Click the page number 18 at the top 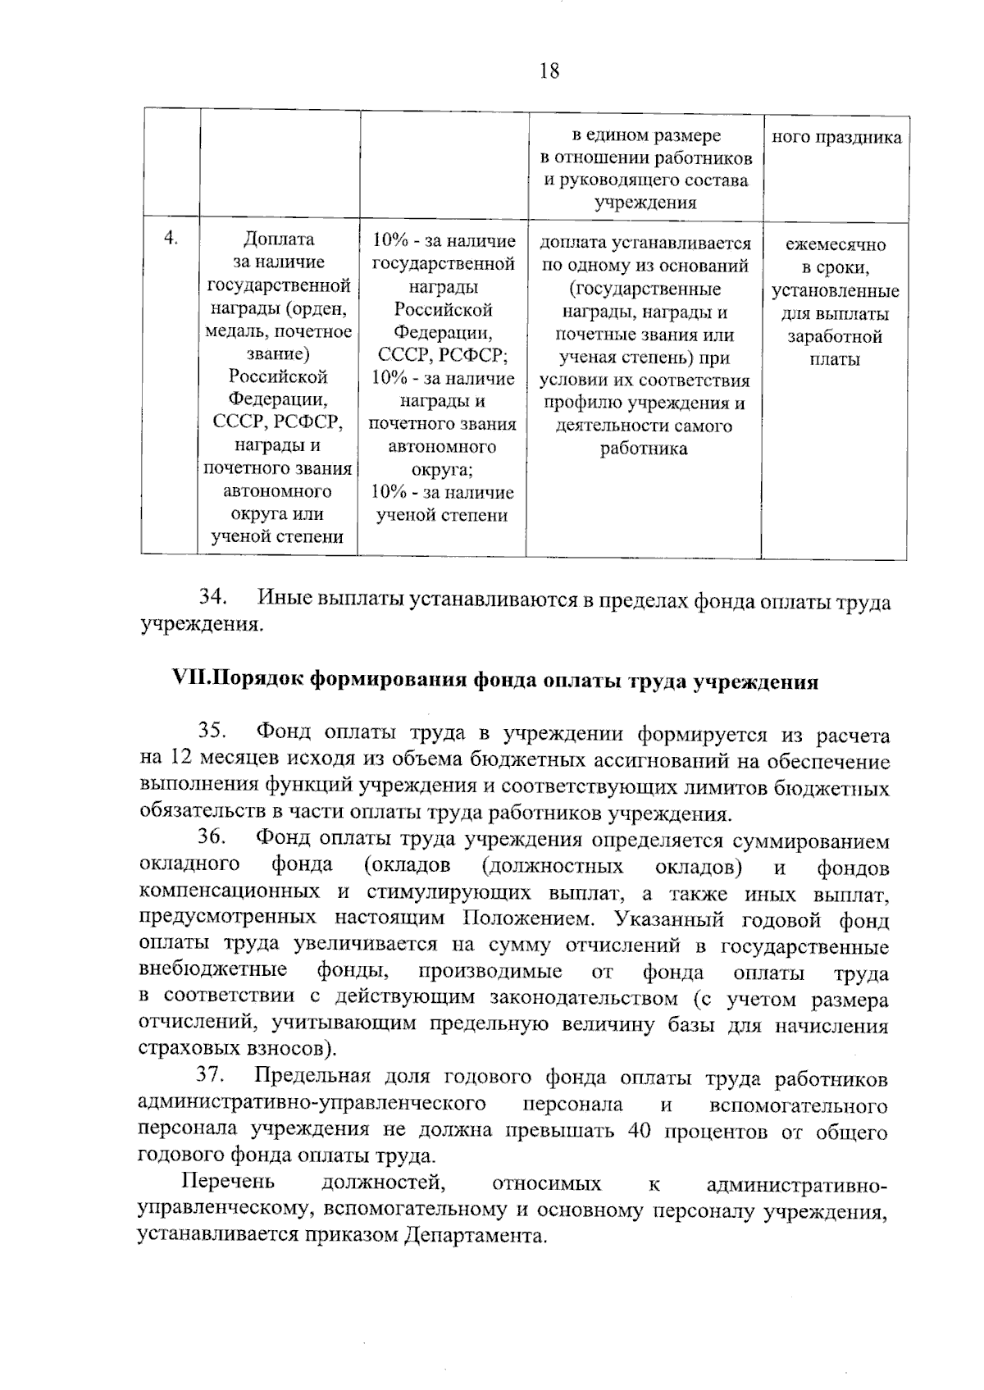[x=549, y=71]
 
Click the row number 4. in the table [x=171, y=239]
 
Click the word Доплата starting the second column [x=279, y=239]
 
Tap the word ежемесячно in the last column [x=836, y=244]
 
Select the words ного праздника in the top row [x=836, y=137]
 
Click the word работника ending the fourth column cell [x=644, y=449]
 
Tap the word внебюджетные [x=213, y=971]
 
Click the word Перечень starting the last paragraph [x=228, y=1183]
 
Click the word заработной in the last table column [x=835, y=337]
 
